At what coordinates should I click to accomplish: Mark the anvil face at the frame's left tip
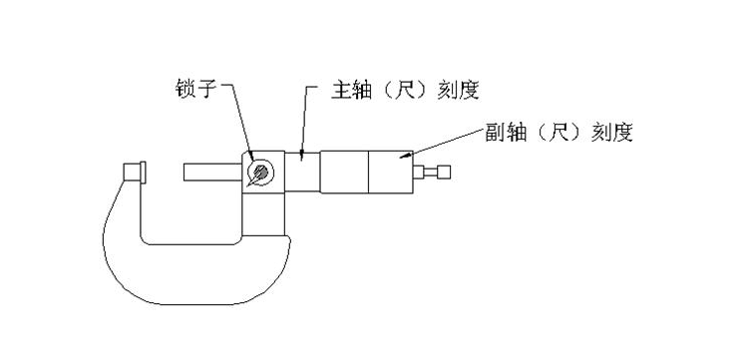(x=132, y=173)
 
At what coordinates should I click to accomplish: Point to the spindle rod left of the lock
(x=212, y=173)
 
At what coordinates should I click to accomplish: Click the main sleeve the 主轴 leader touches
(x=305, y=172)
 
